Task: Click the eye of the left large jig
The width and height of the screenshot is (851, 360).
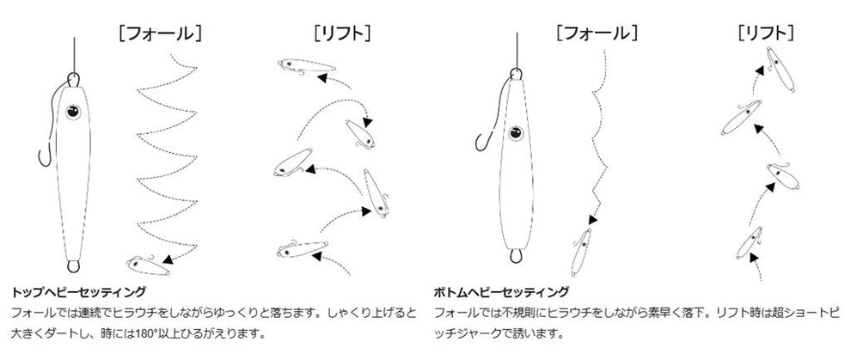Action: [73, 112]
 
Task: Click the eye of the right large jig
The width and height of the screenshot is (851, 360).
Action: [515, 133]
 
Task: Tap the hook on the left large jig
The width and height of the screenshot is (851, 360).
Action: [45, 157]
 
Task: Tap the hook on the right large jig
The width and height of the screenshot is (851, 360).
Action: [484, 142]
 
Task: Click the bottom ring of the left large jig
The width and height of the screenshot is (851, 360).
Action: [73, 266]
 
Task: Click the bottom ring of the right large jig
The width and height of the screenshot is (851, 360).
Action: [516, 256]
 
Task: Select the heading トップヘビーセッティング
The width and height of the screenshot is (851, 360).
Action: [78, 292]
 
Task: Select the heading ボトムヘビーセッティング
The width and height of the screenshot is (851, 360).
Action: [501, 292]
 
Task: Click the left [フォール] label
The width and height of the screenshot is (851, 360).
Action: [160, 34]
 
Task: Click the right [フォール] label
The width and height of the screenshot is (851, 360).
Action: [597, 34]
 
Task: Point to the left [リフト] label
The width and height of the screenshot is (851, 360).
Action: [342, 34]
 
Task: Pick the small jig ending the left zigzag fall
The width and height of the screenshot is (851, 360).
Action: [149, 265]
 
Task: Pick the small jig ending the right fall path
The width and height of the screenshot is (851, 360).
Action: [581, 252]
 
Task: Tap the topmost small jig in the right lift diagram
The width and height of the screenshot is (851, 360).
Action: [780, 69]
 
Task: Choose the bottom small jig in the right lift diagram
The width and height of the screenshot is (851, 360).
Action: [750, 242]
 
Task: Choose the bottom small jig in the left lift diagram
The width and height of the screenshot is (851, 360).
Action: [303, 249]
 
